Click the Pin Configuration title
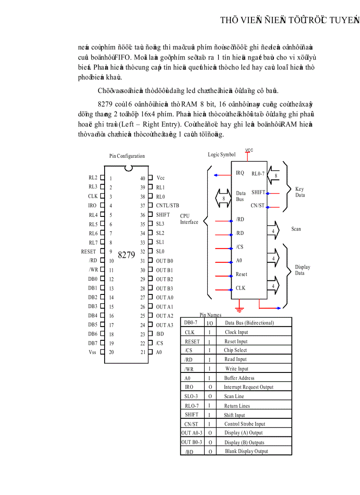pos(127,156)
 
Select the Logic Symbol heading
pos(222,155)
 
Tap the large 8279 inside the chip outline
pos(126,255)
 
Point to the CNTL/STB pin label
pos(168,205)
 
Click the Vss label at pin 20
pos(92,352)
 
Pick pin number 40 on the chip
pos(142,179)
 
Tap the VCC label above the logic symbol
pos(249,150)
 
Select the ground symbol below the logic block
pos(240,305)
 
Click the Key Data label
pos(300,192)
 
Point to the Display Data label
pos(303,270)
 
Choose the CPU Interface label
pos(189,219)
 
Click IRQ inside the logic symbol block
pos(240,173)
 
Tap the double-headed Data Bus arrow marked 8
pos(223,198)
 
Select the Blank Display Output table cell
pos(246,451)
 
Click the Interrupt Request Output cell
pos(248,387)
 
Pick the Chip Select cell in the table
pos(235,350)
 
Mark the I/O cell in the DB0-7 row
pos(210,323)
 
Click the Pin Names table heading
pos(210,315)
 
